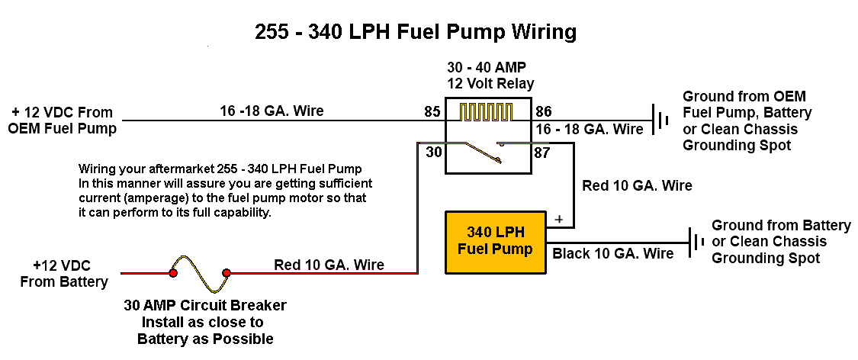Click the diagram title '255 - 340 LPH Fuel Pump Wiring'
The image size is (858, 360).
tap(416, 32)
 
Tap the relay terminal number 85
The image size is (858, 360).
tap(432, 112)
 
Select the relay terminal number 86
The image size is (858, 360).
tap(545, 112)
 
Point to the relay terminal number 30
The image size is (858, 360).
tap(433, 153)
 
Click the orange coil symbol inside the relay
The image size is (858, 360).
tap(485, 113)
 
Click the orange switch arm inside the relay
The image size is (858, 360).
tap(486, 152)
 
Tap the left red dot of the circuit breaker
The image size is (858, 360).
tap(173, 272)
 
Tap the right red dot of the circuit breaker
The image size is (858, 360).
tap(226, 272)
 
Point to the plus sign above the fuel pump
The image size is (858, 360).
tap(559, 220)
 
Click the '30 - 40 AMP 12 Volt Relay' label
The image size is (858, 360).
tap(490, 76)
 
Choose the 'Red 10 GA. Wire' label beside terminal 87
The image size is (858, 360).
tap(637, 185)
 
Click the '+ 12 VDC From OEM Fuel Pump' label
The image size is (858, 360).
tap(62, 120)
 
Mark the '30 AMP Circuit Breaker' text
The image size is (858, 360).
tap(205, 306)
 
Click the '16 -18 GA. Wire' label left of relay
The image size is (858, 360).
tap(272, 111)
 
